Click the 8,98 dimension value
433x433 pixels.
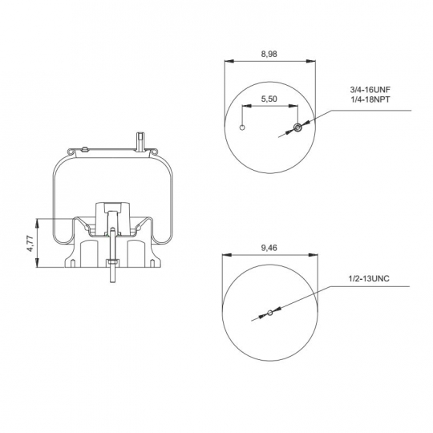[269, 54]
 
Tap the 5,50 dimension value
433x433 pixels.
[269, 99]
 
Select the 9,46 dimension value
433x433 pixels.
[269, 248]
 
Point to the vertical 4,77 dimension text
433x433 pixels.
[30, 243]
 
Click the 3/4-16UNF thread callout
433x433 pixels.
[370, 90]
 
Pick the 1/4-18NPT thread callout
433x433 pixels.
[370, 99]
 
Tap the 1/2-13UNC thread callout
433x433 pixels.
[369, 278]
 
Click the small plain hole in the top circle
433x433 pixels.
[242, 127]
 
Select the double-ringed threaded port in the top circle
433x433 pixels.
[297, 127]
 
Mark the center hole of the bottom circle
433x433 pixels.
[270, 313]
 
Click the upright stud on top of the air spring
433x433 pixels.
[140, 142]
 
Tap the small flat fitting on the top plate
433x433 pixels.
[84, 150]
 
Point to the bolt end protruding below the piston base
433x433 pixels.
[113, 274]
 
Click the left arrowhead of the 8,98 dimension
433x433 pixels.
[229, 61]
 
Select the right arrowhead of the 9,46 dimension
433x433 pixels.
[314, 255]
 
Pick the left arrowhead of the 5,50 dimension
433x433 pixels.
[247, 106]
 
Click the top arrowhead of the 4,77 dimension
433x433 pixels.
[37, 223]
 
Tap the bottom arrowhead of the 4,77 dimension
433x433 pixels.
[37, 263]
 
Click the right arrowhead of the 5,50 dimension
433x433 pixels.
[293, 106]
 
